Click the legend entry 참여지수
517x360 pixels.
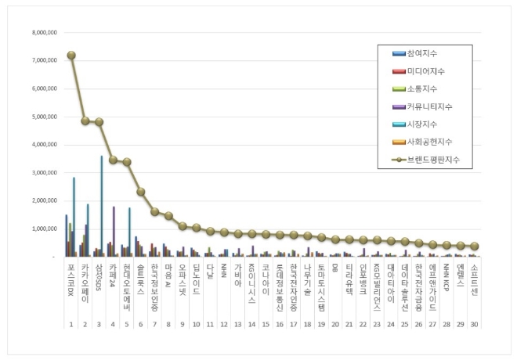[x=421, y=52]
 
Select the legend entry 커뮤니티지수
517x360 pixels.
[x=428, y=106]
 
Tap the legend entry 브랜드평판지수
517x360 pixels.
[x=432, y=159]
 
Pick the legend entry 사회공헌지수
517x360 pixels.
[x=428, y=142]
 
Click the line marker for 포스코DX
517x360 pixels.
[x=71, y=55]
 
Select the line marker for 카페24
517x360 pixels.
[x=113, y=160]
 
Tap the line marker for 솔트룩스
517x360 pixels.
[x=141, y=192]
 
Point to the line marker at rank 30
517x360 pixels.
[x=475, y=246]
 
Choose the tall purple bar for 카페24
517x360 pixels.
[x=114, y=232]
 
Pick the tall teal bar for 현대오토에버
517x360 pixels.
[x=129, y=232]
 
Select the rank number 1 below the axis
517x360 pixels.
[x=71, y=323]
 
